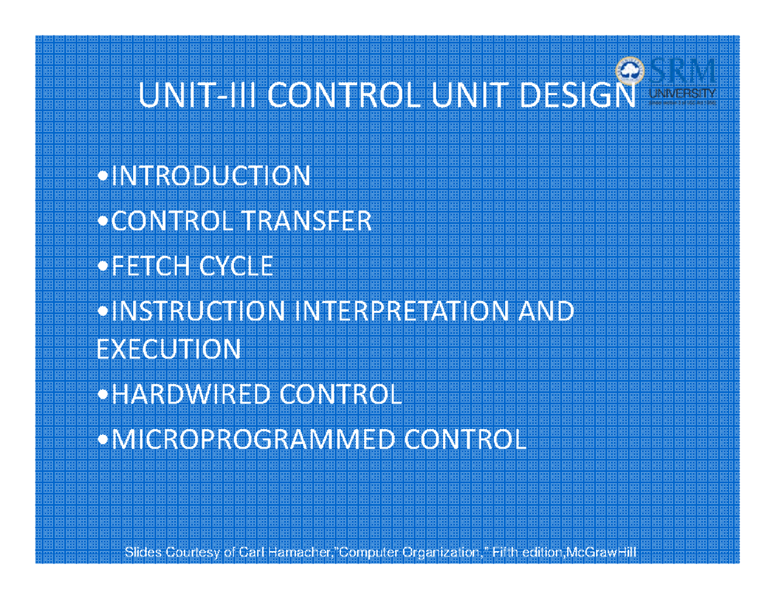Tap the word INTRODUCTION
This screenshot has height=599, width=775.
point(211,176)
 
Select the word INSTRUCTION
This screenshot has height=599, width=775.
point(198,311)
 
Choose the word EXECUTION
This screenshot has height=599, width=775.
point(169,350)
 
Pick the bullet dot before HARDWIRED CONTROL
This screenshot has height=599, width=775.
point(103,395)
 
